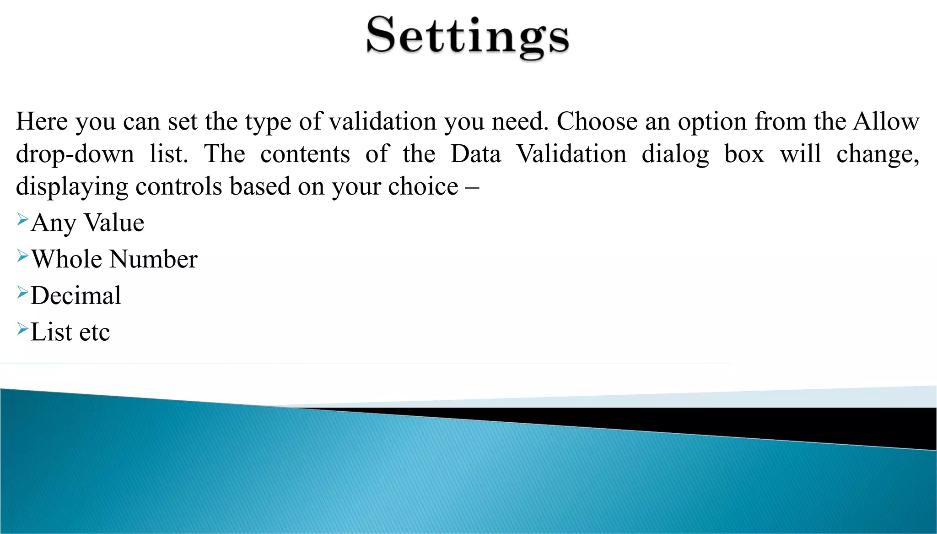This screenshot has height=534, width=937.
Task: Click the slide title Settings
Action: (x=468, y=37)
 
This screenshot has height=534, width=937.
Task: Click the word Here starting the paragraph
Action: (x=42, y=122)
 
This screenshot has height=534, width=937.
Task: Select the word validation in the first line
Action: (x=382, y=122)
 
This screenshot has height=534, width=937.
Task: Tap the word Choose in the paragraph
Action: (x=597, y=122)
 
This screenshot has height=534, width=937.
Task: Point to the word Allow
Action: (x=886, y=122)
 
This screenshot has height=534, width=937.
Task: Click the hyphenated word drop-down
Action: (x=75, y=154)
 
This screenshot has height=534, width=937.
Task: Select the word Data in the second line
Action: (x=476, y=154)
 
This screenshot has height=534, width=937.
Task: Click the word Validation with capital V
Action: (x=571, y=154)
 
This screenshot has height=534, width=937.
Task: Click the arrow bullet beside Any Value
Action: (x=22, y=220)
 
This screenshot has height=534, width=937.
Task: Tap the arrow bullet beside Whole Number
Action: (x=22, y=256)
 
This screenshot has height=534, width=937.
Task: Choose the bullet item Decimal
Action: (x=76, y=296)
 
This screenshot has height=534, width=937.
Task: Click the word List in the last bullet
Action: (x=51, y=332)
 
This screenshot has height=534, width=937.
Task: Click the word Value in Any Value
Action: (x=114, y=223)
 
